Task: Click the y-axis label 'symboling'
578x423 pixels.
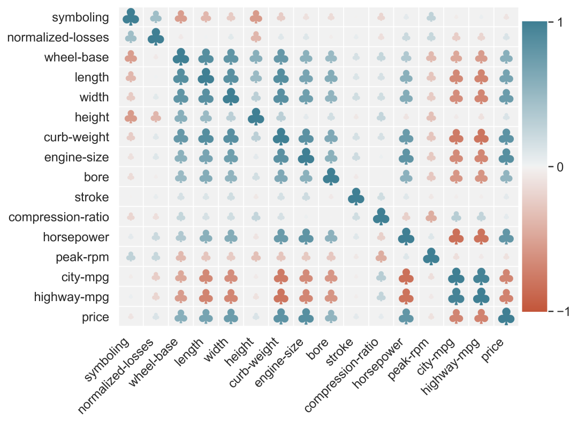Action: [80, 17]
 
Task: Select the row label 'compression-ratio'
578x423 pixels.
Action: [59, 217]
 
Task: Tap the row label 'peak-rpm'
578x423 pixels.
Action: [82, 257]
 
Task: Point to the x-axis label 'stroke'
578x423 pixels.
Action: [339, 352]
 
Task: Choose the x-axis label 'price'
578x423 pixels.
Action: [492, 350]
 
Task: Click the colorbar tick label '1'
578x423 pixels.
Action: [560, 22]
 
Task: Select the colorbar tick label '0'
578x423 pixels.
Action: [560, 167]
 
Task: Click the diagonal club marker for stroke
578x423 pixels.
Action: [356, 196]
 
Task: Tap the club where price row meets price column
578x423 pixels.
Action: [506, 317]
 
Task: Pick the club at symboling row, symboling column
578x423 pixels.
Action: [131, 17]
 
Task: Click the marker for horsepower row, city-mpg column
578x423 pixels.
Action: [456, 236]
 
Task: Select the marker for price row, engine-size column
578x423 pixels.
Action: [306, 317]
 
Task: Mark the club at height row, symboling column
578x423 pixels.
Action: [131, 117]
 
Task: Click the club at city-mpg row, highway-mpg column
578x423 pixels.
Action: [481, 276]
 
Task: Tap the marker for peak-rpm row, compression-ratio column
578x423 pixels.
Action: [381, 257]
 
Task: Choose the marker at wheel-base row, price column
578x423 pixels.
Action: [506, 57]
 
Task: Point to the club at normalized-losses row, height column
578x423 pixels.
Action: [256, 37]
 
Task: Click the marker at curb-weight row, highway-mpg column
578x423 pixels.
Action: [481, 137]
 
